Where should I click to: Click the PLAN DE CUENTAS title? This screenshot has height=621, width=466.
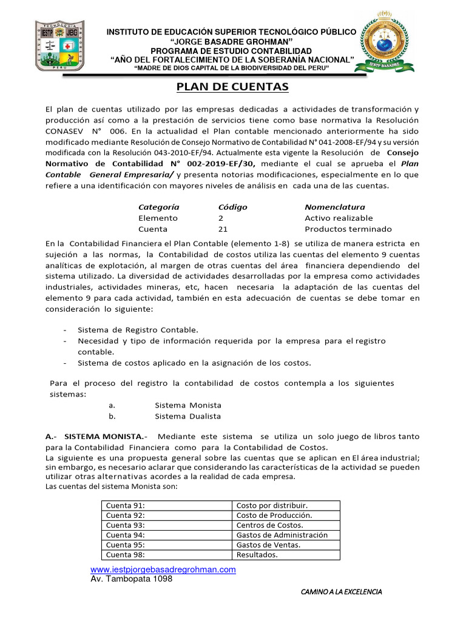coord(232,88)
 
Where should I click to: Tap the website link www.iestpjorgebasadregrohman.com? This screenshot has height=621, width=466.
coord(163,569)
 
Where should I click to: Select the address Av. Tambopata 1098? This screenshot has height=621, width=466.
coord(131,579)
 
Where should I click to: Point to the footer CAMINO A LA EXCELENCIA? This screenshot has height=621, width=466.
coord(342,591)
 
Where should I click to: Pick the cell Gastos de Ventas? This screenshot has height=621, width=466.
coord(268,545)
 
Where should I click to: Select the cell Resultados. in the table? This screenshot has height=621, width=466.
coord(257,554)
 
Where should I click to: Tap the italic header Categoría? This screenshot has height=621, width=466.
coord(159,207)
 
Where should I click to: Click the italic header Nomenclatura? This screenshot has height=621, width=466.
coord(335,207)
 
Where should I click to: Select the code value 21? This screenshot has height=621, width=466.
coord(223,229)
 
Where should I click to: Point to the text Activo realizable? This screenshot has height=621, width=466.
coord(339,218)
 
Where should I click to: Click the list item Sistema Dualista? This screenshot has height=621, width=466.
coord(188,416)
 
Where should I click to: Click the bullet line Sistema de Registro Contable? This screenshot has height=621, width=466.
coord(138,330)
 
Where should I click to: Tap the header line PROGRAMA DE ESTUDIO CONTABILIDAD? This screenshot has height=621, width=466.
coord(231,50)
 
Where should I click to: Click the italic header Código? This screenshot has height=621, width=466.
coord(232,207)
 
